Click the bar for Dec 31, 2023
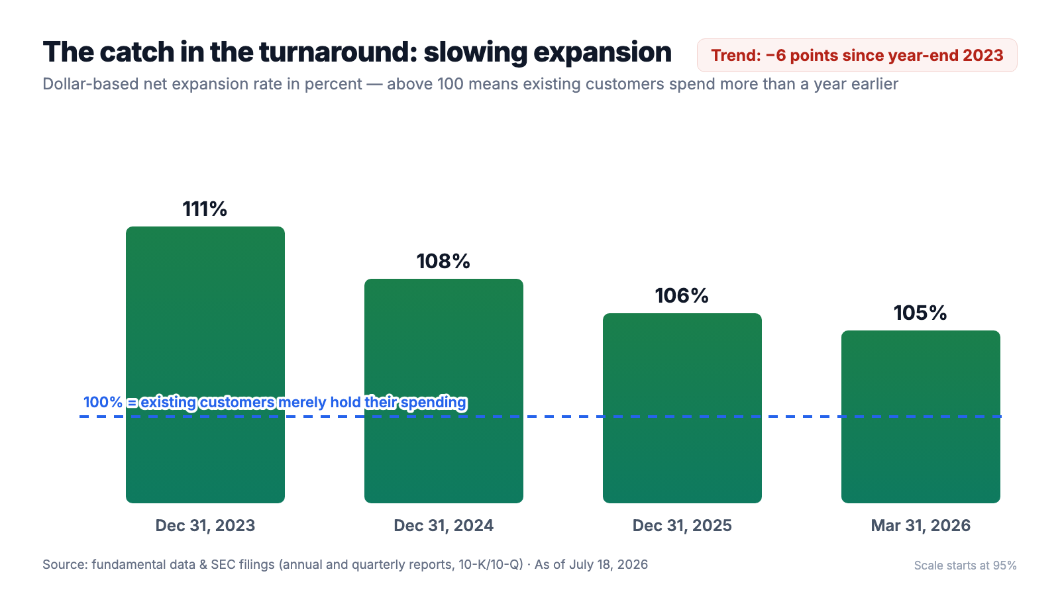[x=205, y=365]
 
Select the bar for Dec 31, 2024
[x=443, y=391]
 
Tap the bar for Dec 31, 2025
[x=682, y=408]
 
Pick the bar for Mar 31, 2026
[x=920, y=417]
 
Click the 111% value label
[x=205, y=209]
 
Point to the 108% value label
[x=443, y=261]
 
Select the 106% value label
[x=682, y=295]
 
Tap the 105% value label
[x=920, y=313]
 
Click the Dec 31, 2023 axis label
[x=205, y=526]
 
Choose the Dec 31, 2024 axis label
[x=443, y=526]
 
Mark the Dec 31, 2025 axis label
[x=682, y=526]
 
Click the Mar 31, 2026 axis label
[x=920, y=526]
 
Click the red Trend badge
[x=857, y=56]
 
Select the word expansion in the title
[x=602, y=53]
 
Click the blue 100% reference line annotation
[x=275, y=403]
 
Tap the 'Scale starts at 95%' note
[x=965, y=566]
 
